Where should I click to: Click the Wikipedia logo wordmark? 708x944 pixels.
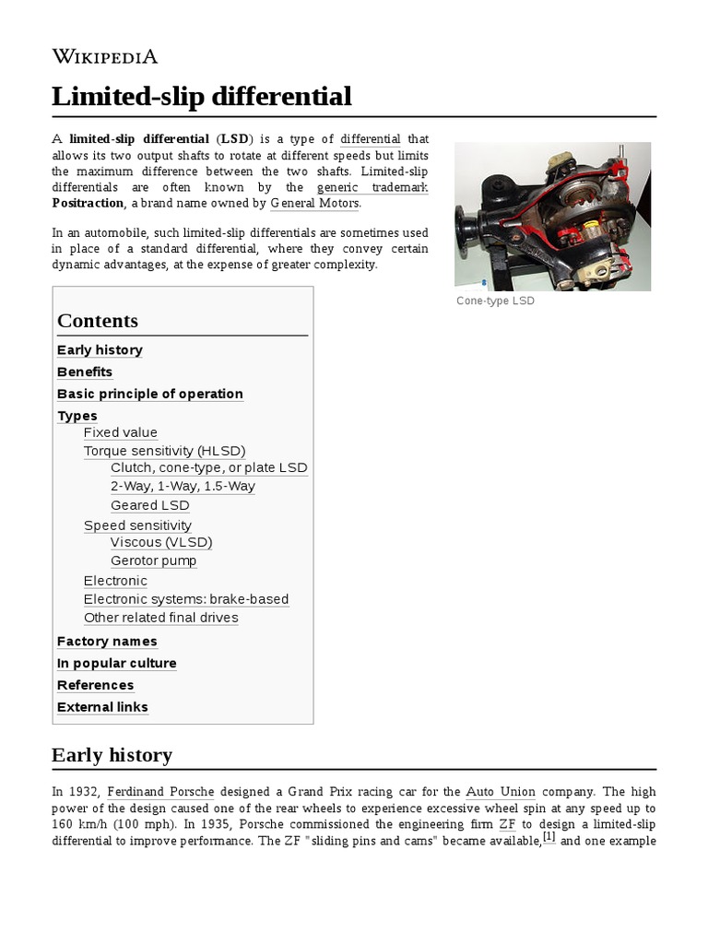point(105,56)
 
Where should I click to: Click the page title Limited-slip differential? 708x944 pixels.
point(202,96)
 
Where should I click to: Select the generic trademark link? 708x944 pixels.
point(372,187)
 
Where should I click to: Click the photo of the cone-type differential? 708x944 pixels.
point(552,216)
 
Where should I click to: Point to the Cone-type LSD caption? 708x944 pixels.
point(495,301)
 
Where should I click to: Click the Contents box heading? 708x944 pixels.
point(98,321)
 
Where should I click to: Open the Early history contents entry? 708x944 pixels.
point(100,350)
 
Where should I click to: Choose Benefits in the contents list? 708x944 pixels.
point(85,372)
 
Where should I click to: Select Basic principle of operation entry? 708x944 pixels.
point(150,395)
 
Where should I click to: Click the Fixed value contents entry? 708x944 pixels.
point(121,433)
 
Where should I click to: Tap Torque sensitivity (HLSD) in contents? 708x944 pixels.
point(165,452)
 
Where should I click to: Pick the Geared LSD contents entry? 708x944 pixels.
point(150,505)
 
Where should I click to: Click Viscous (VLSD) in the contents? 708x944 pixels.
point(161,542)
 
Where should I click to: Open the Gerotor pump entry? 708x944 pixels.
point(154,560)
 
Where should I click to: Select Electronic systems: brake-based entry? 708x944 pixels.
point(186,599)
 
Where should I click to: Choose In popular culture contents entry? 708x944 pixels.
point(117,664)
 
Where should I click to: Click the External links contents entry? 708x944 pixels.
point(102,708)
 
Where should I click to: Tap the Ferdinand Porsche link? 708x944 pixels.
point(160,792)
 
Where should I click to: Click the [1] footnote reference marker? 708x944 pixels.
point(549,837)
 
